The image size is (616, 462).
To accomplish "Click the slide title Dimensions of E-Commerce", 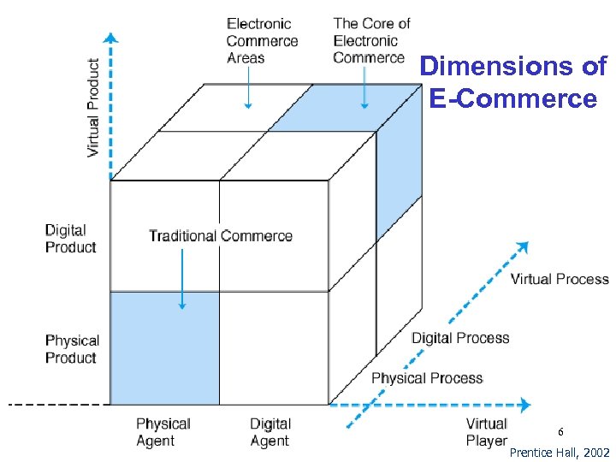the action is click(512, 82).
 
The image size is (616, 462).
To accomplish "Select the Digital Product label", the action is click(71, 239).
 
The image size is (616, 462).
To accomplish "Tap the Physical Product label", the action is click(72, 349).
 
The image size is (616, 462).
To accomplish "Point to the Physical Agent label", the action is click(163, 432).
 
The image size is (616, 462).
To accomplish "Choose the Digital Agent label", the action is click(270, 432).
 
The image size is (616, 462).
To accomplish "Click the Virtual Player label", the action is click(486, 432).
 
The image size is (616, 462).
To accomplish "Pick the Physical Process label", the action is click(426, 378).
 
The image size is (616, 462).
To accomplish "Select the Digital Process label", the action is click(460, 338).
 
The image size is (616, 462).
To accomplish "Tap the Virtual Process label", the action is click(560, 279).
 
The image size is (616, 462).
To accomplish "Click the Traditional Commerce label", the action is click(221, 236).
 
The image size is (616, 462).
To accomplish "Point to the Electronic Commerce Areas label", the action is click(262, 41).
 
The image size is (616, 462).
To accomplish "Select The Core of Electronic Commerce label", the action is click(371, 40).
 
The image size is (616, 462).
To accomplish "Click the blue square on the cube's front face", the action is click(165, 348).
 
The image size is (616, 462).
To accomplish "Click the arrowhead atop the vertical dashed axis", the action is click(110, 37).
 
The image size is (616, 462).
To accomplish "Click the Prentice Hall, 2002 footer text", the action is click(560, 452).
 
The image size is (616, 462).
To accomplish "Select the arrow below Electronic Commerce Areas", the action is click(247, 88).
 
